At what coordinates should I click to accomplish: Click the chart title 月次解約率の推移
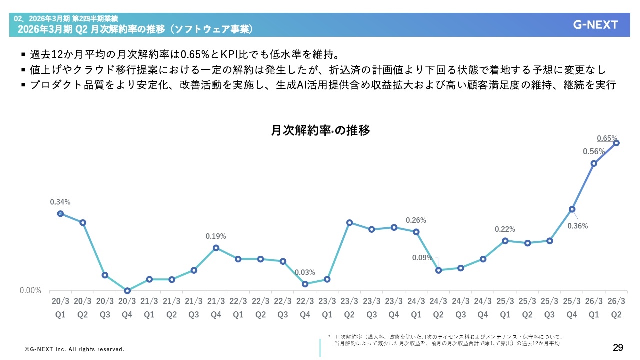(320, 131)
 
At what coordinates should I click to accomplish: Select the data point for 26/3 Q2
(617, 143)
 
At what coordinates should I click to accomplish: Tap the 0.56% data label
(594, 152)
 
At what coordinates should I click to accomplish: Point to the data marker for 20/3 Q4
(127, 291)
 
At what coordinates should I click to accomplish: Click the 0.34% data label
(60, 202)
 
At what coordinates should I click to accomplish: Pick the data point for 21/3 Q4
(216, 248)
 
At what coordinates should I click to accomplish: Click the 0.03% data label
(305, 273)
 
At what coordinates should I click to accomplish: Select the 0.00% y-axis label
(30, 291)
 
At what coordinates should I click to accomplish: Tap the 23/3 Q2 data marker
(350, 222)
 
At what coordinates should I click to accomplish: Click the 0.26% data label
(416, 220)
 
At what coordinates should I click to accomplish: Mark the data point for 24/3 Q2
(439, 270)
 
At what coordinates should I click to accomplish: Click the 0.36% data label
(578, 226)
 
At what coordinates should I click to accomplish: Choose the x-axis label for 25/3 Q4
(572, 308)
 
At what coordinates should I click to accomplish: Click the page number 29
(618, 347)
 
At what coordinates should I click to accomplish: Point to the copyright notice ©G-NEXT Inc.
(75, 349)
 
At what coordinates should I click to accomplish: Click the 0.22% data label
(505, 229)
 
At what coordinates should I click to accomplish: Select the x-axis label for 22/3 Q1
(238, 308)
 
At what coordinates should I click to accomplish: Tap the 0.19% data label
(216, 236)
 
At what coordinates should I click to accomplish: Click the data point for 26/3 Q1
(594, 163)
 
